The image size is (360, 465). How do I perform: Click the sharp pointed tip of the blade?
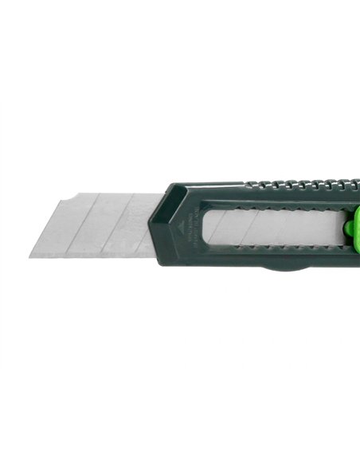(x=31, y=256)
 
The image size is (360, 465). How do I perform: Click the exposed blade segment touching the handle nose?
(x=148, y=226)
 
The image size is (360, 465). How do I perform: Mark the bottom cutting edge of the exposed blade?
(x=88, y=256)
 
